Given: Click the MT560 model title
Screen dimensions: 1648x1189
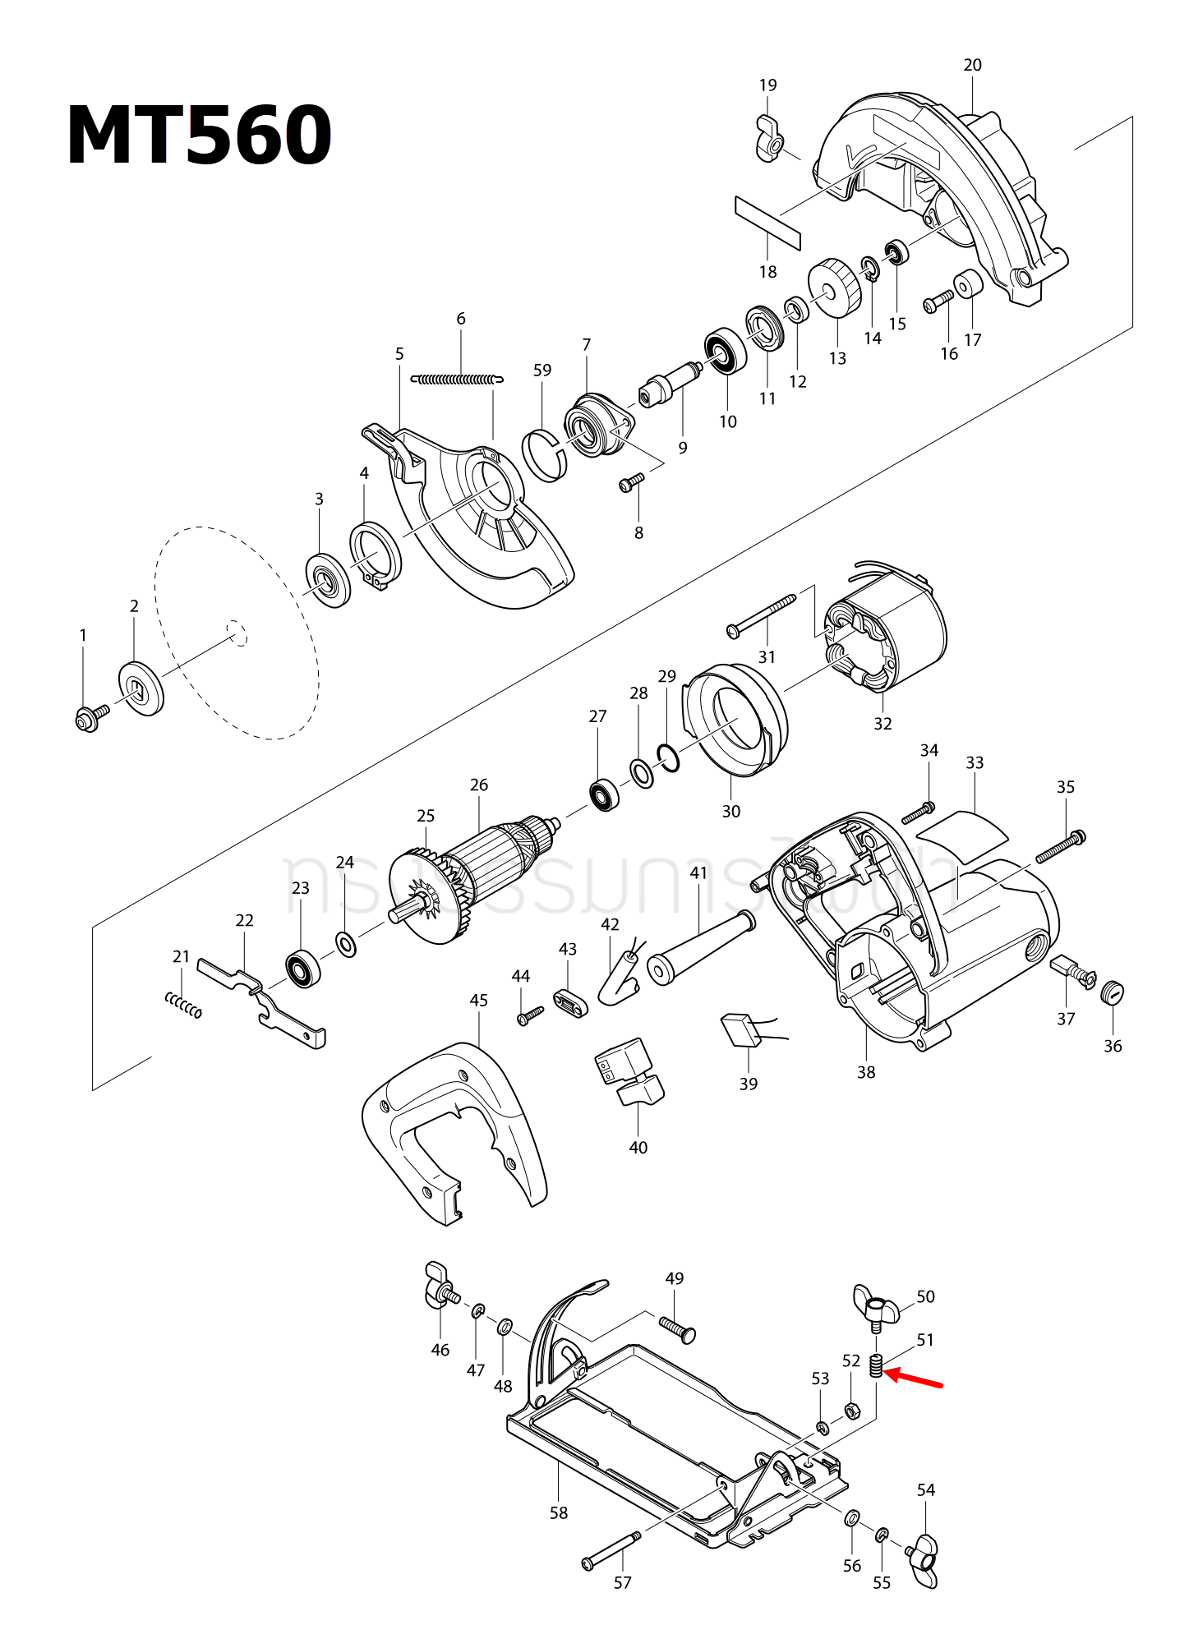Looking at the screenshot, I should click(199, 136).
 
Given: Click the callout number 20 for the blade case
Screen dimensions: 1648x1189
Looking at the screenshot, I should click(972, 65).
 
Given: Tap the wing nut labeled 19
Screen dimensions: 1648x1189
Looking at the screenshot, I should click(769, 140).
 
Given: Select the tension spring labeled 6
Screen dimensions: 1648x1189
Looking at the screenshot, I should click(457, 380).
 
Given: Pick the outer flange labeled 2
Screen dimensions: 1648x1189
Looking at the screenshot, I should click(141, 687).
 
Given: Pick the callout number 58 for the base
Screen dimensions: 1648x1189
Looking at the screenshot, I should click(559, 1512).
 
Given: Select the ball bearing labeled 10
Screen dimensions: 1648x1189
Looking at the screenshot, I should click(726, 352).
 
